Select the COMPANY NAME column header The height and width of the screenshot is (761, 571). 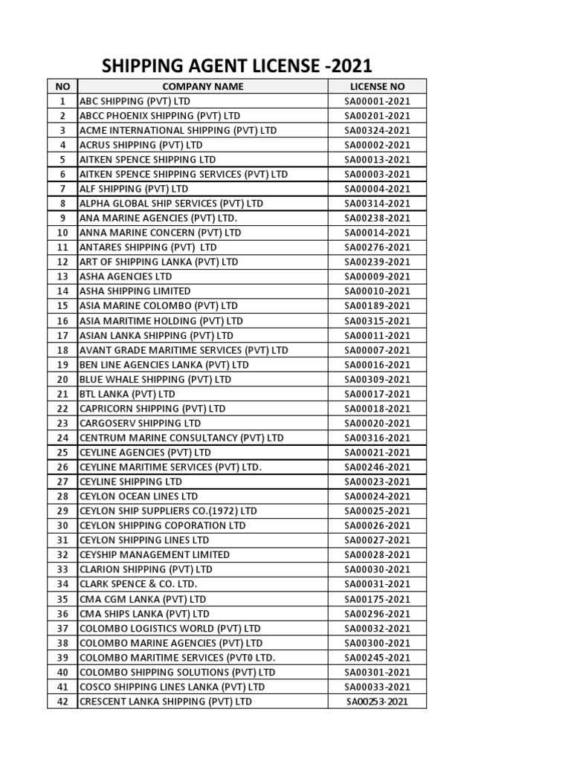(202, 86)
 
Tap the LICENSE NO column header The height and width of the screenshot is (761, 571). (377, 86)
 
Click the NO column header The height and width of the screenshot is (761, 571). (62, 86)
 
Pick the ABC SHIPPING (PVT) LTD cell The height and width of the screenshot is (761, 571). (129, 101)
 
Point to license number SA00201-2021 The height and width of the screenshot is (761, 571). (377, 116)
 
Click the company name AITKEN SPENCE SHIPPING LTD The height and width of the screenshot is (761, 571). (147, 160)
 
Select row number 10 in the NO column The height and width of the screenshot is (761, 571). (62, 233)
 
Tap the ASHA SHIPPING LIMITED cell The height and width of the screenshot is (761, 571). (135, 291)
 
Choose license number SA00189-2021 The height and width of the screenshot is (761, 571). (377, 305)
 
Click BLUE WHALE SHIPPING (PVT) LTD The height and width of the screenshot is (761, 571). (155, 379)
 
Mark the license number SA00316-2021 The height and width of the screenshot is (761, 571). (377, 438)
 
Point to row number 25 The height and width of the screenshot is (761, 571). (62, 452)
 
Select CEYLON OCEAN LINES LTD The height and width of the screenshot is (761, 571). (138, 496)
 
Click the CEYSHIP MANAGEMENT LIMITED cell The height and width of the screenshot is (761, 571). (154, 554)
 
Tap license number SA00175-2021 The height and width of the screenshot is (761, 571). (377, 598)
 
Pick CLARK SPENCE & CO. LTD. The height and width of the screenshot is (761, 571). (138, 584)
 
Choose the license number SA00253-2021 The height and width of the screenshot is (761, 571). (377, 701)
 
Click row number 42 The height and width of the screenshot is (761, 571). (62, 701)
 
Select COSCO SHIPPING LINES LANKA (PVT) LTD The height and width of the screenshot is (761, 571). (172, 687)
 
